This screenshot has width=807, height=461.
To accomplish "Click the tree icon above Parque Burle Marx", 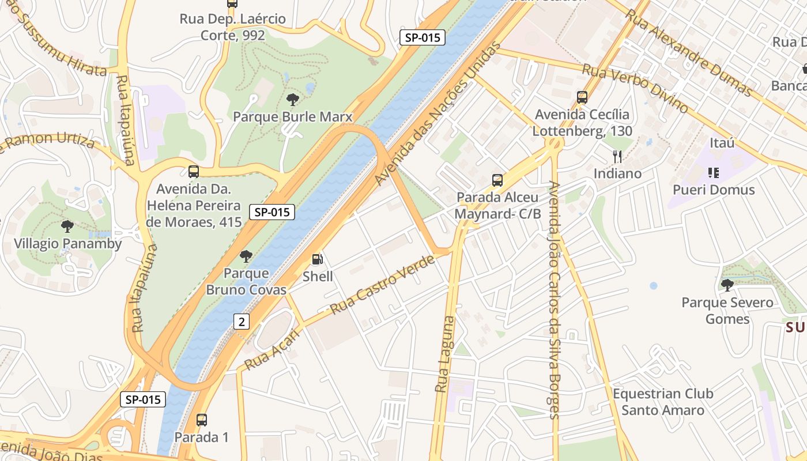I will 293,100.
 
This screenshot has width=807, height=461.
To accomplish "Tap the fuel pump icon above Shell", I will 318,260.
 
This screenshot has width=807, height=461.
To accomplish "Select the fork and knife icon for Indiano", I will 617,156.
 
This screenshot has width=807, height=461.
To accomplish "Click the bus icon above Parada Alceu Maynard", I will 497,180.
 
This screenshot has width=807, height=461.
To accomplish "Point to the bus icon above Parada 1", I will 202,420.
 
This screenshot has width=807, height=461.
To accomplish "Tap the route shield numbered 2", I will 242,322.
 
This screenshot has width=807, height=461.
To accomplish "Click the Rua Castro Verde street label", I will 382,285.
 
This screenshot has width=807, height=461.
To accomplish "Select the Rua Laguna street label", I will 445,354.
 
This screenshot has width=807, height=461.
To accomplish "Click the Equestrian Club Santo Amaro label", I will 663,402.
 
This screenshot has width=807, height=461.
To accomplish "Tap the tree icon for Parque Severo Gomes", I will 727,285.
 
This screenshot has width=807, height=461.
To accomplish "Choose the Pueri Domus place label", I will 714,190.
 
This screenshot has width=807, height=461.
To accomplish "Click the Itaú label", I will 722,142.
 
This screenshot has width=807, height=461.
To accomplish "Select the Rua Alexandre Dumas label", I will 688,52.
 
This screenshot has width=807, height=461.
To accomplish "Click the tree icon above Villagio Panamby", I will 67,226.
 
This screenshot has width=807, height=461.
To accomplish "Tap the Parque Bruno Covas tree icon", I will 246,256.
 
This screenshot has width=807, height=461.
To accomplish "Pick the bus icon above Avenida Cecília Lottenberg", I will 582,97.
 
